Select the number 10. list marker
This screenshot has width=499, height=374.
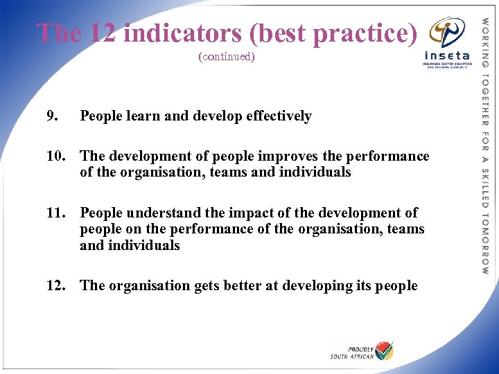[55, 156]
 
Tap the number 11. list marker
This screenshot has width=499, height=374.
[55, 213]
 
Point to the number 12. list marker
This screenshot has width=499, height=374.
[55, 285]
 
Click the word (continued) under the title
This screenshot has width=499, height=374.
[227, 56]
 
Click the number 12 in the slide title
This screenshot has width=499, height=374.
[103, 33]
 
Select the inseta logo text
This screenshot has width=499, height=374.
[446, 55]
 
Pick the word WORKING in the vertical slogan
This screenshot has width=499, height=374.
[485, 38]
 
